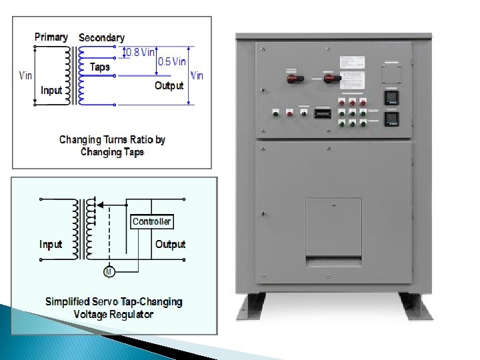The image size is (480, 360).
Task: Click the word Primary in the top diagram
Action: (x=51, y=37)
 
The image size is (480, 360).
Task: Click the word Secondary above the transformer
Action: (x=101, y=38)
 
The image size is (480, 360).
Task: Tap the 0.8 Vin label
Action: (x=141, y=52)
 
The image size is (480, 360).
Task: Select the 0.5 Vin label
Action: (x=171, y=61)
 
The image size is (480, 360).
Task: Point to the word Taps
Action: (x=99, y=67)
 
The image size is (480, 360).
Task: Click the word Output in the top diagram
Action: (x=169, y=85)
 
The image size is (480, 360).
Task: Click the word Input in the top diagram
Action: (x=51, y=90)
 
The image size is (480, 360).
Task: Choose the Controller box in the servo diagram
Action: (x=151, y=221)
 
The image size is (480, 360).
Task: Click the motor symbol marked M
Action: (x=108, y=271)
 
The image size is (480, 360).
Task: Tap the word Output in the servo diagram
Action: (x=170, y=245)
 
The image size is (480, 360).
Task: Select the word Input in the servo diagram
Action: (x=51, y=245)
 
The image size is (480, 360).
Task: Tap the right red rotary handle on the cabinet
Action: (x=331, y=79)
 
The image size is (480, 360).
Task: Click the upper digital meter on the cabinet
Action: (x=393, y=98)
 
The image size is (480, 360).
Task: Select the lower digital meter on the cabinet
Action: (x=393, y=119)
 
